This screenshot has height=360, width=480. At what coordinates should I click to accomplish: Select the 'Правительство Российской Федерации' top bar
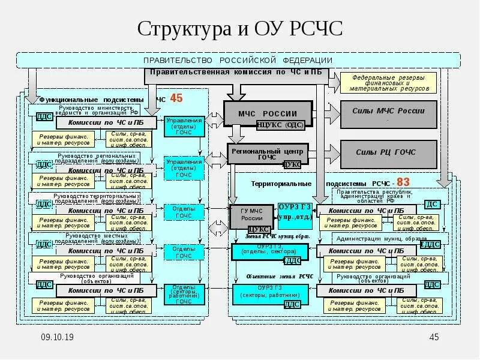pyautogui.click(x=238, y=60)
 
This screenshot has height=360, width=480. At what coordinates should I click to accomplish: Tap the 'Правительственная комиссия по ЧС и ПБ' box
pyautogui.click(x=236, y=73)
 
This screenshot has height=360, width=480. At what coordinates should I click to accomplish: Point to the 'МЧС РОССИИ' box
pyautogui.click(x=268, y=113)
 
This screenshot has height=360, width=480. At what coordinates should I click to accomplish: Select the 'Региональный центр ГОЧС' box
pyautogui.click(x=267, y=154)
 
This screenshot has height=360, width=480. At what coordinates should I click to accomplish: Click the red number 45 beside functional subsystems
pyautogui.click(x=176, y=98)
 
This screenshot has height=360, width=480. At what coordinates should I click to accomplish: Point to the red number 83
pyautogui.click(x=403, y=182)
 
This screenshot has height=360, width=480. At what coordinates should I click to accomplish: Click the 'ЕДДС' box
pyautogui.click(x=431, y=244)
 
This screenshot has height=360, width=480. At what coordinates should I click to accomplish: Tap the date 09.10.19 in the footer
pyautogui.click(x=58, y=338)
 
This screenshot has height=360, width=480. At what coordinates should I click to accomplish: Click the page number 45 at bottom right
pyautogui.click(x=435, y=338)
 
